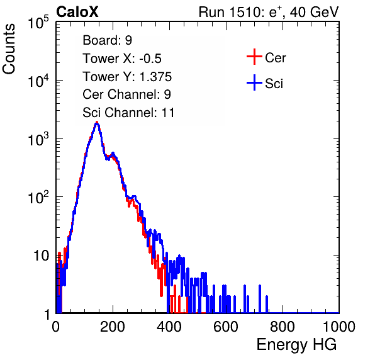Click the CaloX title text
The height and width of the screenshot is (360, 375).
pos(77,12)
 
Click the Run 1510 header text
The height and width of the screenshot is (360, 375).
pos(269,12)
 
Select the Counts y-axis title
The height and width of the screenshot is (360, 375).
pos(9,49)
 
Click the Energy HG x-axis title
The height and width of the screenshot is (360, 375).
pos(296,345)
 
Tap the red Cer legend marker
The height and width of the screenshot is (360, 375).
pos(254,57)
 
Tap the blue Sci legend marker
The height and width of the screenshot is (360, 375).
pos(254,83)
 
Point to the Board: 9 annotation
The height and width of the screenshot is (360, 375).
pos(107,40)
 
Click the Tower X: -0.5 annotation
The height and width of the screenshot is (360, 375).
pos(122,59)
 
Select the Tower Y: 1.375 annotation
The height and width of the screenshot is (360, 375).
pos(127,77)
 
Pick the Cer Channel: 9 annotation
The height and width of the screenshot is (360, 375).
pos(126,94)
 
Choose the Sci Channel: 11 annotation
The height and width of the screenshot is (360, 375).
pos(128,113)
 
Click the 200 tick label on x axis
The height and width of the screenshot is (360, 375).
pos(113,327)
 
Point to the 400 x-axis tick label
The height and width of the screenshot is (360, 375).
pos(169,327)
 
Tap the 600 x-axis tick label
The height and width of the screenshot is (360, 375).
pos(226,327)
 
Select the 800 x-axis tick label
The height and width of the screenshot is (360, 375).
pos(283,327)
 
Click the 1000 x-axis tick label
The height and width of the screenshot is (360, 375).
pos(339,327)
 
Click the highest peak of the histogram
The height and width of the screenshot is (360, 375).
pos(97,123)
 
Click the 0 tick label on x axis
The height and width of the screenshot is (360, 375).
pos(55,327)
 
